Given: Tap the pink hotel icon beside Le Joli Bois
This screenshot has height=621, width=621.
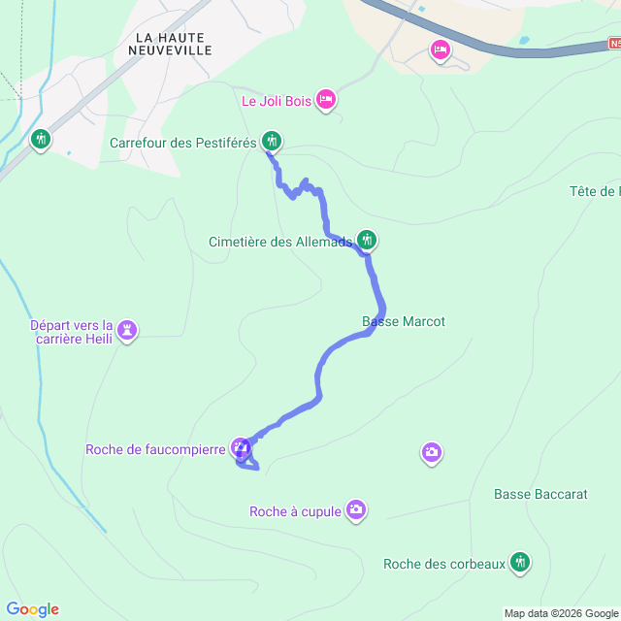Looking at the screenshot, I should point(326,99).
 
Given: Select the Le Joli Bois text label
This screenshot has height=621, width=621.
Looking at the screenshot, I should point(277,100).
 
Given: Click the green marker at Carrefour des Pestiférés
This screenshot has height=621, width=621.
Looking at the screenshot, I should point(272,142).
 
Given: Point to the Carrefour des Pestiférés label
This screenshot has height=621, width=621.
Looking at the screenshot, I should point(182,143).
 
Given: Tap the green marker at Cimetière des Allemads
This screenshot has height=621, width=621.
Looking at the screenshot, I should point(367,239).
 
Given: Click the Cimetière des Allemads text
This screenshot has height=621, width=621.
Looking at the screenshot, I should point(280,243).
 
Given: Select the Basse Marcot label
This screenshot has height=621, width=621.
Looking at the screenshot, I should point(404,321).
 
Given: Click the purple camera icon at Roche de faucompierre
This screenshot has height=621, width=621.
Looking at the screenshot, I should point(241,447).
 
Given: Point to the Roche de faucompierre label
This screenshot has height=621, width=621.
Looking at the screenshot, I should point(155,448).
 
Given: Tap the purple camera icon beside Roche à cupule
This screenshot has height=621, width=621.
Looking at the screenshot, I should point(356,509).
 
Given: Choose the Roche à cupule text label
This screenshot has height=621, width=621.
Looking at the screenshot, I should point(295,511).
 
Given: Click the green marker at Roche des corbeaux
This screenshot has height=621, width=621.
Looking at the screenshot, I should point(521,562).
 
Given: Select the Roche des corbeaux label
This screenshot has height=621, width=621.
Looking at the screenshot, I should point(444,564).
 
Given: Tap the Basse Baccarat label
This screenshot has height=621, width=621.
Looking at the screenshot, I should point(540,494).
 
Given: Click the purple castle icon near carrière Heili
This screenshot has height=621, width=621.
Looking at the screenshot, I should point(127,332).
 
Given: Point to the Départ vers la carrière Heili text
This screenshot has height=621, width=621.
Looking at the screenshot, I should point(72,332).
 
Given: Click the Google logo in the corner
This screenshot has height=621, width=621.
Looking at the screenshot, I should point(32,609).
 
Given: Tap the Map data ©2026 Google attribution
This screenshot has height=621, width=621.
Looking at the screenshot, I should point(561,613).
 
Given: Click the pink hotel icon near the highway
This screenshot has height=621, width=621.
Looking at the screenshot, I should point(441,49).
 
